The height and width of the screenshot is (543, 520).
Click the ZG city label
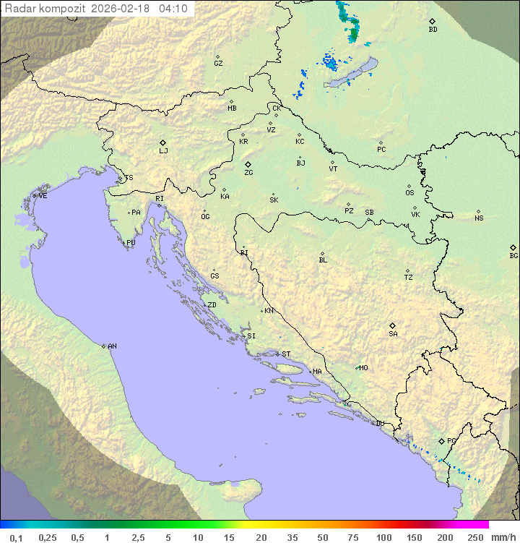tap(248, 173)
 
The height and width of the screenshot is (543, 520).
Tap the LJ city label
tap(163, 150)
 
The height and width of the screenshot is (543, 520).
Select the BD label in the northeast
tap(433, 30)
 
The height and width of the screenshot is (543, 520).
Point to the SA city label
tap(393, 333)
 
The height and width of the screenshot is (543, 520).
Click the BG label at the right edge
tap(513, 255)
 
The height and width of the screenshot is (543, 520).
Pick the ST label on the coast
tap(286, 354)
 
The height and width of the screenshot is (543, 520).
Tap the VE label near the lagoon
tap(43, 196)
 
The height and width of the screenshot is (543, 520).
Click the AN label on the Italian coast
tap(112, 346)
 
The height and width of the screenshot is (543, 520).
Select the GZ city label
tap(218, 64)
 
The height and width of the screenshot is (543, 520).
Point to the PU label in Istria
tap(131, 243)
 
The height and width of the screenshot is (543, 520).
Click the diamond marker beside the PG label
tap(441, 440)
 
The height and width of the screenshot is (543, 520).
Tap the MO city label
tap(363, 368)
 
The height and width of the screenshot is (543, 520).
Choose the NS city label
tap(479, 218)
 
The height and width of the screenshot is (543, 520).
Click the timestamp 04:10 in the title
tap(173, 9)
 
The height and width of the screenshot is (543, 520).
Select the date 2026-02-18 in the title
tap(123, 9)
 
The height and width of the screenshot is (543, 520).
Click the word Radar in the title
tap(18, 9)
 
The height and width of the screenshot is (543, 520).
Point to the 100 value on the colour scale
tap(383, 537)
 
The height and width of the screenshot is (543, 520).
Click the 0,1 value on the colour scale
tap(16, 537)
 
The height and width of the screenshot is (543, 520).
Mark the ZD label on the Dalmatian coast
tap(212, 305)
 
